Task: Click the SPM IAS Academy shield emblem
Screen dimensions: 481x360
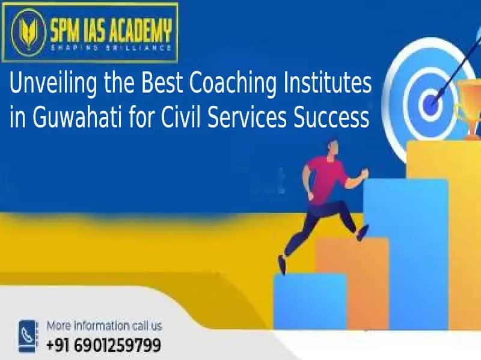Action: [28, 32]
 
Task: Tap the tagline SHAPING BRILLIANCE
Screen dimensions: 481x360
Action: [111, 48]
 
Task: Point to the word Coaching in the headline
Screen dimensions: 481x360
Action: [233, 84]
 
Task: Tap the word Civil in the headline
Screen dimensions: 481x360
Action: [181, 117]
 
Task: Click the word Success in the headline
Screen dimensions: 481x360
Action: [331, 118]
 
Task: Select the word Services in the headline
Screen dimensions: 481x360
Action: [247, 118]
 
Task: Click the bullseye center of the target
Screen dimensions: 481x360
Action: [432, 103]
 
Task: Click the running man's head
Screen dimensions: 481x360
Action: [332, 148]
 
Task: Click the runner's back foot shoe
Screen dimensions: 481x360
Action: [281, 264]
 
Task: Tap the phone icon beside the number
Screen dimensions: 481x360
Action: [28, 336]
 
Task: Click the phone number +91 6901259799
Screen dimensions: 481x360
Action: [103, 345]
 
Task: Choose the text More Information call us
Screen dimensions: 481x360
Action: [104, 326]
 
